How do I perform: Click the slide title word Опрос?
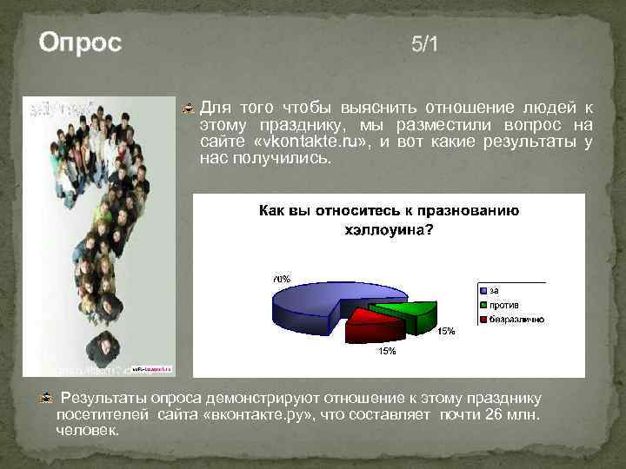pos(80,43)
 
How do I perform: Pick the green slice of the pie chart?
pos(403,314)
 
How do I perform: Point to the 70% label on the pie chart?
pos(281,279)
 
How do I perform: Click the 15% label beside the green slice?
pos(445,331)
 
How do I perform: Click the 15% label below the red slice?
pos(387,351)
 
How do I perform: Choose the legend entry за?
pos(493,289)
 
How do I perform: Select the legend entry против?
pos(503,304)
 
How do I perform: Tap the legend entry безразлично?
pos(516,319)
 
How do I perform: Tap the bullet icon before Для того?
pos(187,109)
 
